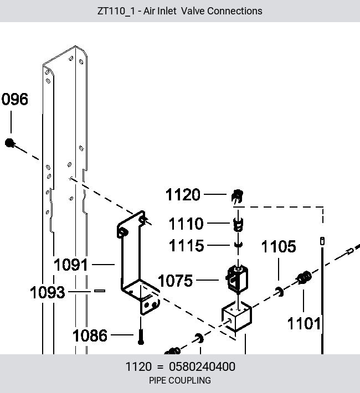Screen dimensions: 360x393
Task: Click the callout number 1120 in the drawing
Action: [x=183, y=194]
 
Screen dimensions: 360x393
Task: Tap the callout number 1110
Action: [x=186, y=223]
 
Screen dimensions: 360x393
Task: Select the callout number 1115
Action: [x=187, y=245]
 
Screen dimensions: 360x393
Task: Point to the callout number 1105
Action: [x=279, y=246]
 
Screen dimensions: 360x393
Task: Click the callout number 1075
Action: [x=175, y=281]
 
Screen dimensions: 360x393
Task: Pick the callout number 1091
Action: [x=71, y=265]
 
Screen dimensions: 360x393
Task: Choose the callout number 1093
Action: [x=47, y=292]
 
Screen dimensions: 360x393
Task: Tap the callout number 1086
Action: [x=90, y=335]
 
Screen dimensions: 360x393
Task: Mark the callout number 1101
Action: [x=304, y=323]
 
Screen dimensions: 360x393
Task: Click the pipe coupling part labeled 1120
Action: [x=237, y=196]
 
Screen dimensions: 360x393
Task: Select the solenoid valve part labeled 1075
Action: [x=237, y=279]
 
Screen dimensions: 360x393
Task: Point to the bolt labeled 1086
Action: [x=141, y=337]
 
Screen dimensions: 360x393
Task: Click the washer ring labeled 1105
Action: [x=280, y=292]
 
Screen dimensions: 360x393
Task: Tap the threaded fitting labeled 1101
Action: [x=304, y=278]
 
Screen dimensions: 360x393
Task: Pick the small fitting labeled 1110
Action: [x=238, y=224]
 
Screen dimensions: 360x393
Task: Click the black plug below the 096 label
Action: [x=10, y=143]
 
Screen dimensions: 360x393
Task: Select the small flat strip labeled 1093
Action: [x=100, y=291]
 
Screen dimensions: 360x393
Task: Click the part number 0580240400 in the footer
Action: [x=202, y=366]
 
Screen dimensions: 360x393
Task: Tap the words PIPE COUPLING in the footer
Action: [x=180, y=380]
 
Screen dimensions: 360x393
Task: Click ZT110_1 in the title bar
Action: [x=115, y=11]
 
